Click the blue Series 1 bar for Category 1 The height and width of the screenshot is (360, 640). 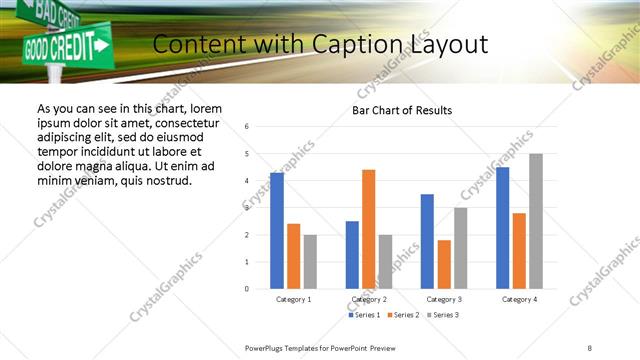[x=277, y=231]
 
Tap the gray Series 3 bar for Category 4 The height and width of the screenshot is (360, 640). [x=536, y=221]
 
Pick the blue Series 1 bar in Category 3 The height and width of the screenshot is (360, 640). [x=427, y=241]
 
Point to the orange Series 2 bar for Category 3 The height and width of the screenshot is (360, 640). [x=444, y=264]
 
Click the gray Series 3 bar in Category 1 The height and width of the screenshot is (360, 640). [x=310, y=262]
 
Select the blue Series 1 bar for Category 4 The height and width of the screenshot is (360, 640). [x=502, y=228]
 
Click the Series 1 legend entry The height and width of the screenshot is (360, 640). [x=364, y=315]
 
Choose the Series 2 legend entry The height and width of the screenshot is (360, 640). [x=403, y=315]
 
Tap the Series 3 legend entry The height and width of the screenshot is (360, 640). [x=443, y=315]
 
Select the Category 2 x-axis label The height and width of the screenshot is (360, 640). [x=369, y=299]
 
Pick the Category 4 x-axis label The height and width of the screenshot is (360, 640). [x=519, y=299]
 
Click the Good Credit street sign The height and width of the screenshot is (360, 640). [x=65, y=45]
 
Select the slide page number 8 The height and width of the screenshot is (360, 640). [x=590, y=347]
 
